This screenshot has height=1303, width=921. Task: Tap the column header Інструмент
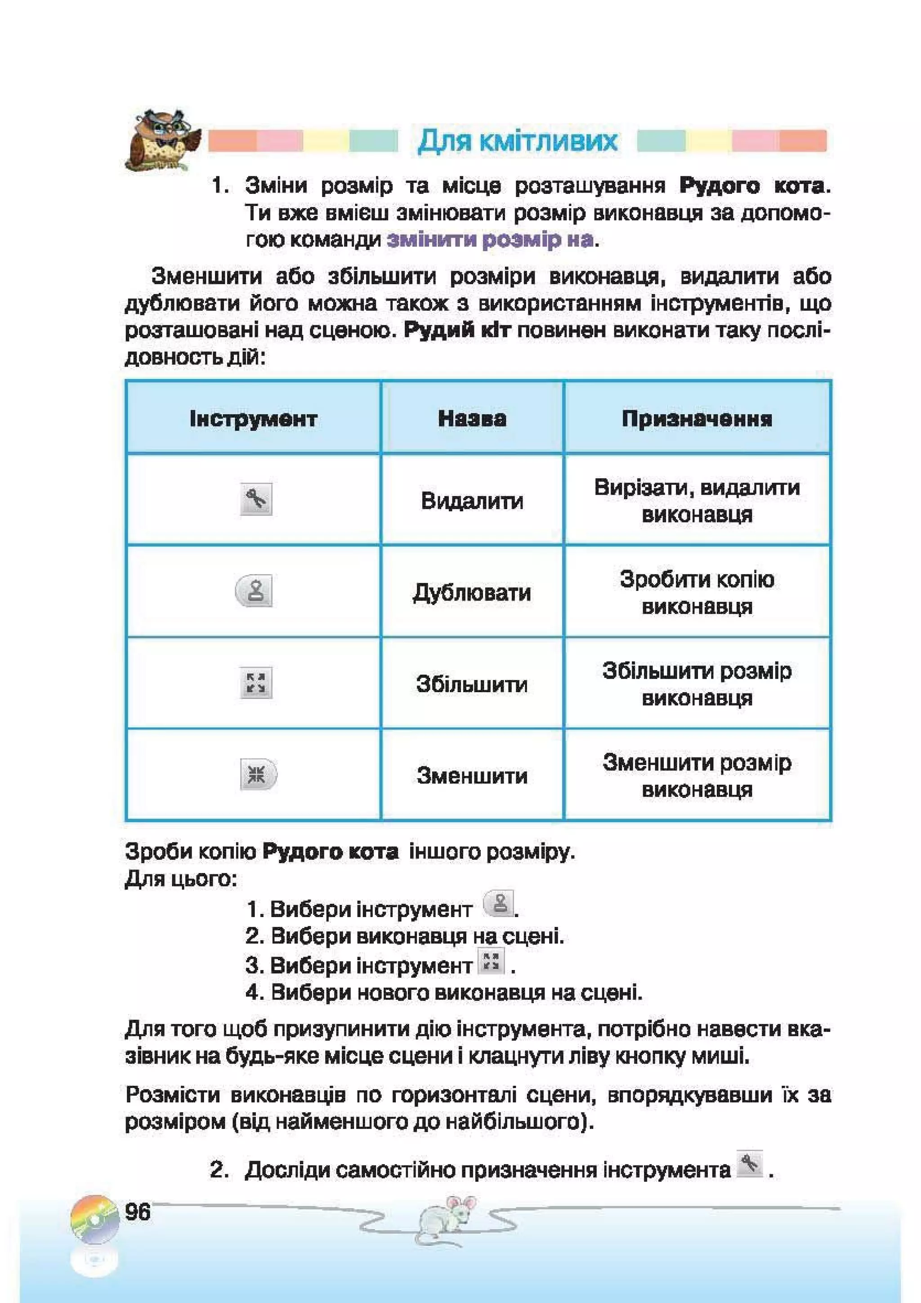pyautogui.click(x=253, y=419)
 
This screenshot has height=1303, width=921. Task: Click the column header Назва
pyautogui.click(x=472, y=419)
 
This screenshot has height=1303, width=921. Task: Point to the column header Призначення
pyautogui.click(x=697, y=419)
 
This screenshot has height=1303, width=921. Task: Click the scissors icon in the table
pyautogui.click(x=256, y=499)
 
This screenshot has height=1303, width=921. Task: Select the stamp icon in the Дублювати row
pyautogui.click(x=254, y=591)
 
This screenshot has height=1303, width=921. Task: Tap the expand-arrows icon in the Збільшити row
pyautogui.click(x=256, y=683)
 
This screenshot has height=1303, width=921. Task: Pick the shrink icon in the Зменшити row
pyautogui.click(x=258, y=774)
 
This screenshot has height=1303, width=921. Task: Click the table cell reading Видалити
pyautogui.click(x=472, y=501)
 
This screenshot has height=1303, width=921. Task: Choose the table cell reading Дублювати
pyautogui.click(x=472, y=592)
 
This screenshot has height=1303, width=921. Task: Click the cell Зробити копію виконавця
pyautogui.click(x=697, y=592)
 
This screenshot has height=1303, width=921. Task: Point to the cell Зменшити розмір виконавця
pyautogui.click(x=697, y=776)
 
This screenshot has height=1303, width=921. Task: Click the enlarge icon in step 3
pyautogui.click(x=491, y=962)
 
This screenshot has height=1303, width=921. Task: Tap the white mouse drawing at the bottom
pyautogui.click(x=448, y=1220)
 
